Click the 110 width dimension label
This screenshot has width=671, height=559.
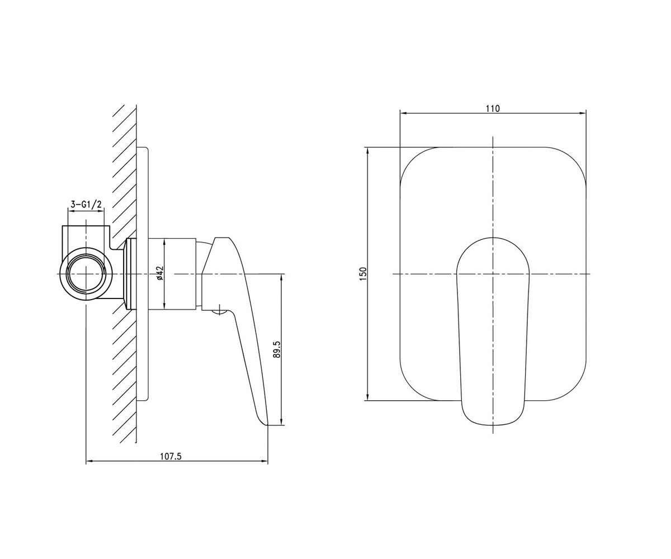point(493,108)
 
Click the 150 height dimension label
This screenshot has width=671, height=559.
point(363,274)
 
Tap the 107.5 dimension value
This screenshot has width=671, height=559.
point(171,456)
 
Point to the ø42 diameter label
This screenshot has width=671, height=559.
point(160,273)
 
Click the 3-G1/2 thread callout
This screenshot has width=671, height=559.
point(86,205)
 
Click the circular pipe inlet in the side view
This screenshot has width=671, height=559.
point(86,274)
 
